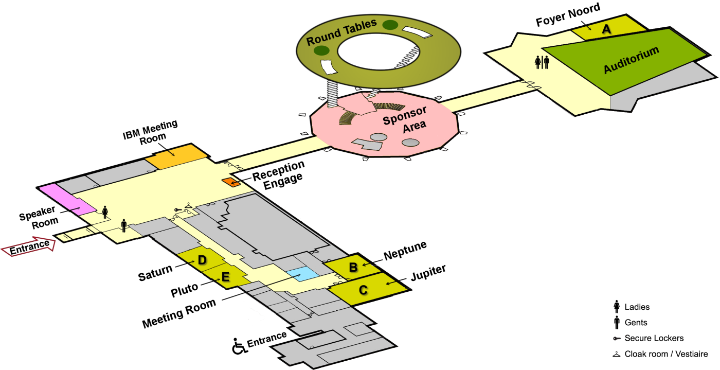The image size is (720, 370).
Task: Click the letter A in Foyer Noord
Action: (607, 29)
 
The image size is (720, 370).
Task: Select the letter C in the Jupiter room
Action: (363, 290)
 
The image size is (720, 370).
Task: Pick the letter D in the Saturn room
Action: (203, 260)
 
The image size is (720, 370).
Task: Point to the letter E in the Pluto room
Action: (225, 277)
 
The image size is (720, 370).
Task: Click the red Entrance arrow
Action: (29, 244)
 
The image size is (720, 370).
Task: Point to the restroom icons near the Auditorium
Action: (542, 62)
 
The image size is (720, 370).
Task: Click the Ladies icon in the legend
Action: (616, 307)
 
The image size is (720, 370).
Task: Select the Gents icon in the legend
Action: (616, 323)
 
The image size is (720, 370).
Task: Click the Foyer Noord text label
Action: (568, 14)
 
